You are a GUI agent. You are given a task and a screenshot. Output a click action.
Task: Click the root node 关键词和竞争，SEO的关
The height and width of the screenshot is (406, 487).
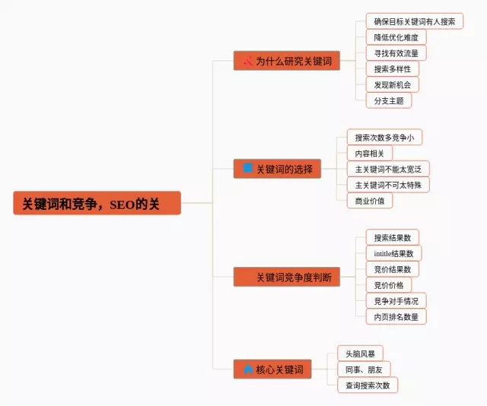(x=97, y=203)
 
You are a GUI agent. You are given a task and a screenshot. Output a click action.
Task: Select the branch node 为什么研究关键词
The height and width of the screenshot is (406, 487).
(x=286, y=61)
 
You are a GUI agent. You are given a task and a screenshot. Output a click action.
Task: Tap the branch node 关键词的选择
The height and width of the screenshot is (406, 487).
(x=277, y=169)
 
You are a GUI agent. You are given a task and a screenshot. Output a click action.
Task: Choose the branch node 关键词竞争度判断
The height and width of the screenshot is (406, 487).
(x=286, y=277)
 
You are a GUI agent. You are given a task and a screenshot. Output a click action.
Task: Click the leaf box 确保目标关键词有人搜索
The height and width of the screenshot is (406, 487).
(x=414, y=21)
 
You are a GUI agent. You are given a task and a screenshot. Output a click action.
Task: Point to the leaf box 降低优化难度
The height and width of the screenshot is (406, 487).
(x=396, y=37)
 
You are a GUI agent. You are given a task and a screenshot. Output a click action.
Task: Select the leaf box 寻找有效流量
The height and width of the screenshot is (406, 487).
(x=396, y=53)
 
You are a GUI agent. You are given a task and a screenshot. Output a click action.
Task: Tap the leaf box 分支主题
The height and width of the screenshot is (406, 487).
(x=388, y=100)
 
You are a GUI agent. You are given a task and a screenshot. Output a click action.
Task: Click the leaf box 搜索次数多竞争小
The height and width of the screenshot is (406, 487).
(x=384, y=138)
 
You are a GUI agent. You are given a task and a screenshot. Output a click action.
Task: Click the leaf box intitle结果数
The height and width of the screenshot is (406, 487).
(x=393, y=253)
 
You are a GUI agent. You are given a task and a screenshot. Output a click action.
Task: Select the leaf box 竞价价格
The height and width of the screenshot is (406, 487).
(x=388, y=285)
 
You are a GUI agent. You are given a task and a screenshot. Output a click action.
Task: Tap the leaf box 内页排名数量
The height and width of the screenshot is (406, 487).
(x=396, y=316)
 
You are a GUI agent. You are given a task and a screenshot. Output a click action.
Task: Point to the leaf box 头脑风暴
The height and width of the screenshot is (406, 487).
(x=360, y=354)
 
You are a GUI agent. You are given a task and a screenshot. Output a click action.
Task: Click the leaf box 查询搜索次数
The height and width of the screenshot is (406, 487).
(x=368, y=385)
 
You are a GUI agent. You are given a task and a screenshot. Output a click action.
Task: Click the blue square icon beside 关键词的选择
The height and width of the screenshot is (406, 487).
(x=247, y=168)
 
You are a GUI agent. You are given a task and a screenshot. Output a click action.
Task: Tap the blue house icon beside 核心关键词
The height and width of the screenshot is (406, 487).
(x=247, y=370)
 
